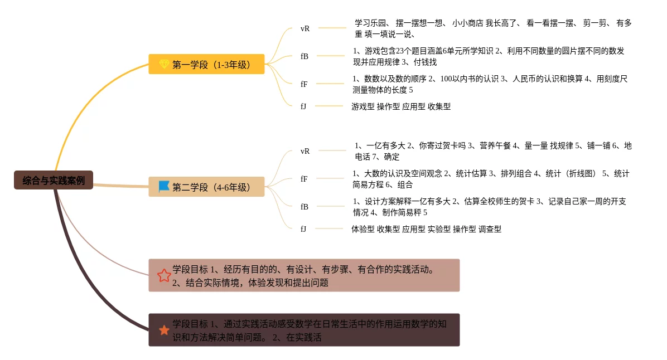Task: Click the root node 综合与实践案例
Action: (x=54, y=180)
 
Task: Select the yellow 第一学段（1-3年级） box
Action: (x=206, y=64)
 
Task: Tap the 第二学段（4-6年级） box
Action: (x=206, y=187)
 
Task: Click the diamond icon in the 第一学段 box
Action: (x=164, y=64)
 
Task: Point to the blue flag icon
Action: (x=164, y=187)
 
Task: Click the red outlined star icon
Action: (x=164, y=275)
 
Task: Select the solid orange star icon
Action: (x=164, y=330)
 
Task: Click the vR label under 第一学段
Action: (x=304, y=28)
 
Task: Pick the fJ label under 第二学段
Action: (x=303, y=228)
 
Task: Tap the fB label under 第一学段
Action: (x=304, y=56)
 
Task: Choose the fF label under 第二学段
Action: (x=304, y=179)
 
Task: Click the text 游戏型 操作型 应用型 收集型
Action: (x=401, y=106)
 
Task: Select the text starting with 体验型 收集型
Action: (x=426, y=229)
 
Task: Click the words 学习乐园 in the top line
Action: (x=370, y=23)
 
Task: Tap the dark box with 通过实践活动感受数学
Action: (x=304, y=330)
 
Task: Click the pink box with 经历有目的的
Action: (x=304, y=275)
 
